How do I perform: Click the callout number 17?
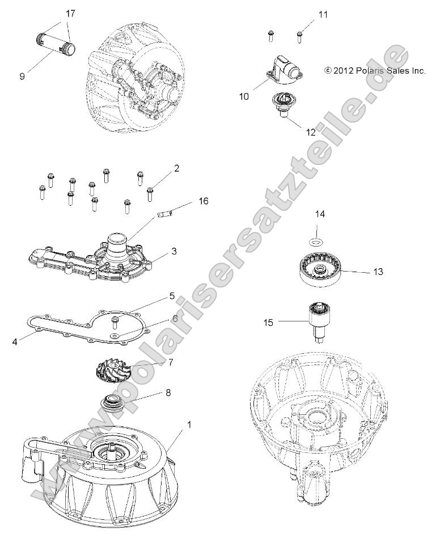pyautogui.click(x=70, y=12)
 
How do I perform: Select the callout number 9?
pyautogui.click(x=22, y=75)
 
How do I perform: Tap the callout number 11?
pyautogui.click(x=323, y=14)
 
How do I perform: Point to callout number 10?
pyautogui.click(x=244, y=96)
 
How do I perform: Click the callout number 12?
pyautogui.click(x=295, y=132)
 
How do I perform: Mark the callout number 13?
pyautogui.click(x=377, y=272)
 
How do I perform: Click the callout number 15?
pyautogui.click(x=268, y=323)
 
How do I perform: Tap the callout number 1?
pyautogui.click(x=174, y=424)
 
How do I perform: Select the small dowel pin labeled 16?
pyautogui.click(x=165, y=214)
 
